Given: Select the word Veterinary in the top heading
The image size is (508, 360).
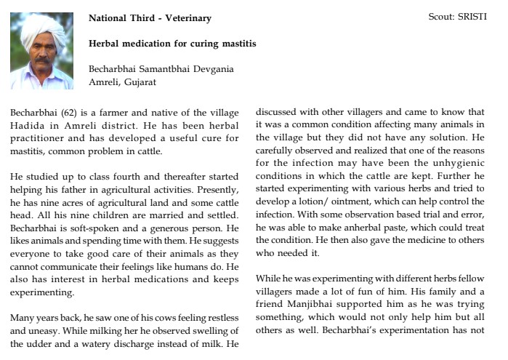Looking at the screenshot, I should click(x=185, y=18).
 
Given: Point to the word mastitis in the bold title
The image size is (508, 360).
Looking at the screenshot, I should click(x=237, y=44).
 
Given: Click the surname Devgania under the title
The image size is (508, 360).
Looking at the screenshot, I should click(x=210, y=69).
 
